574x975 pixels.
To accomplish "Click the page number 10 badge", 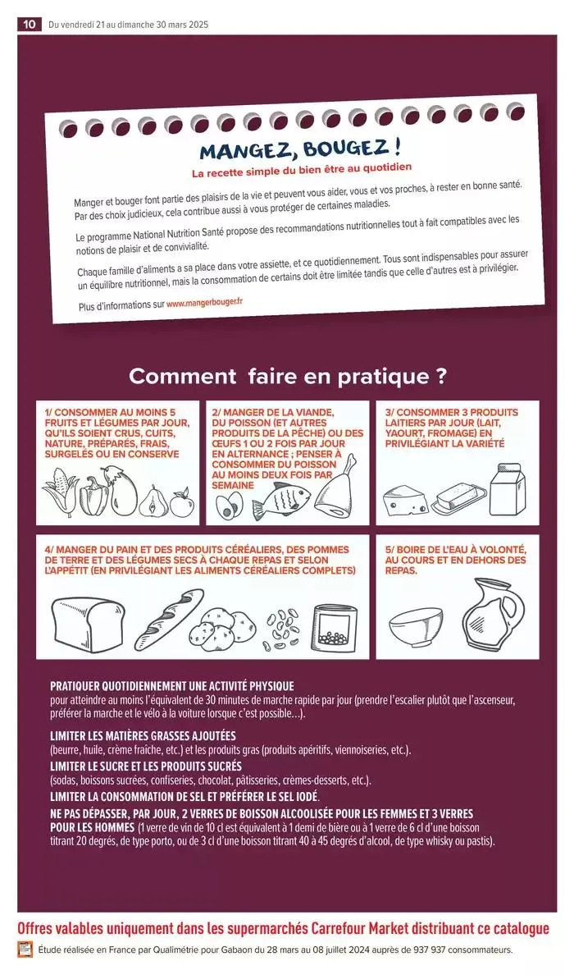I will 29,25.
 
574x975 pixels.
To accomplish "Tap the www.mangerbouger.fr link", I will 204,302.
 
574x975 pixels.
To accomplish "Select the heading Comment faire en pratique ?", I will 288,377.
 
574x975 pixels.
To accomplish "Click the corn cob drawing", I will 60,493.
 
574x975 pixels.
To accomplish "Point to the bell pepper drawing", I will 93,495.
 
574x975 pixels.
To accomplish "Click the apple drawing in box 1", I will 181,501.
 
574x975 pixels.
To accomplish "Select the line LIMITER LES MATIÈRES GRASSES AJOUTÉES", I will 143,735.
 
